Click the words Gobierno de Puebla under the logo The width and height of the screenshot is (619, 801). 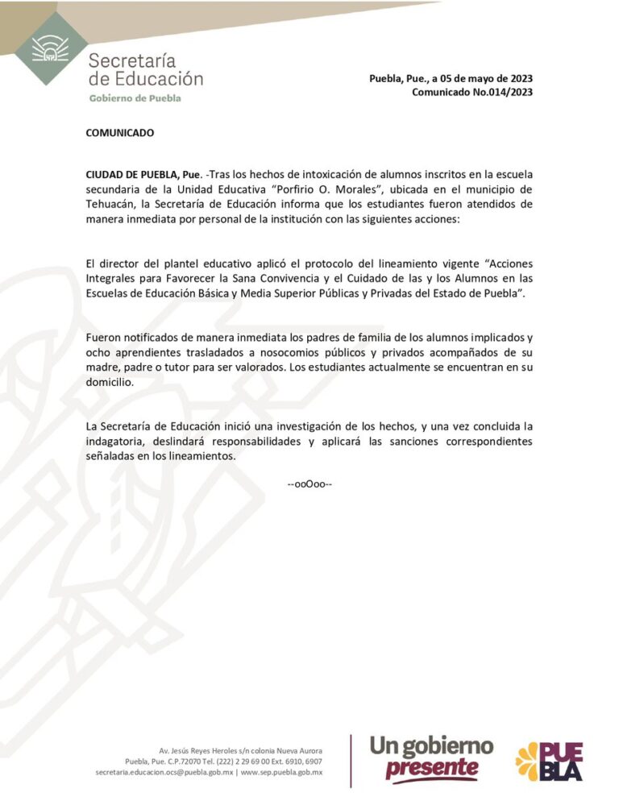(x=135, y=98)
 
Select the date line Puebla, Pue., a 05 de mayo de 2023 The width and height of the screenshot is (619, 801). (x=451, y=79)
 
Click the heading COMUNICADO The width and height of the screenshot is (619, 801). (x=120, y=133)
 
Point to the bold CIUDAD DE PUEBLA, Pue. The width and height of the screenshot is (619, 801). (x=143, y=175)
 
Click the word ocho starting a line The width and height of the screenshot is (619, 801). (x=98, y=354)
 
